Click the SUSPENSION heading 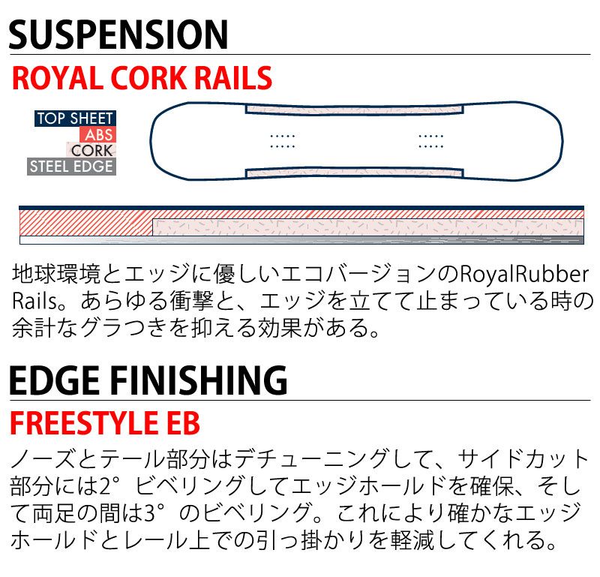point(118,35)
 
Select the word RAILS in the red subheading point(234,78)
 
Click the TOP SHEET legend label point(75,119)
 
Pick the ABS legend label point(98,134)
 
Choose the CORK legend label point(91,151)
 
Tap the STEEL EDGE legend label point(71,167)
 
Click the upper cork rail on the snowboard point(354,109)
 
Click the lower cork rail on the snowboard point(354,173)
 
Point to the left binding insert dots point(283,141)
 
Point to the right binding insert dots point(430,141)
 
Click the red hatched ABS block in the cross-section point(85,222)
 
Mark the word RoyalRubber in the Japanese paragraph point(523,275)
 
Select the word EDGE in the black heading point(54,380)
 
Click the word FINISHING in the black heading point(199,380)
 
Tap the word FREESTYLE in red point(83,423)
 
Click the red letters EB point(183,423)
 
